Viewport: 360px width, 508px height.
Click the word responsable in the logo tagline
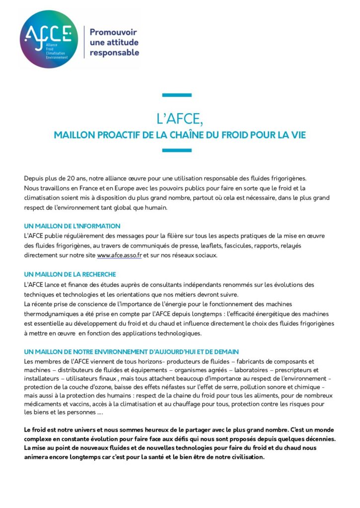(x=114, y=53)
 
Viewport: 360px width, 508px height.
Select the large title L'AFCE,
(x=179, y=120)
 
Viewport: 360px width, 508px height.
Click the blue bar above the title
(x=177, y=95)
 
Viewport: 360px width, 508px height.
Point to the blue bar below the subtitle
(x=177, y=150)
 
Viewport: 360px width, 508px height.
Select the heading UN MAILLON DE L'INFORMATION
(x=72, y=226)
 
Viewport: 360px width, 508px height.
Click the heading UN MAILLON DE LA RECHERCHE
(x=70, y=274)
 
